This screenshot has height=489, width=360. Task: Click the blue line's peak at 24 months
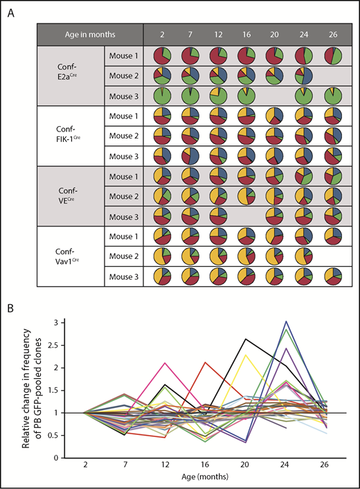(286, 321)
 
